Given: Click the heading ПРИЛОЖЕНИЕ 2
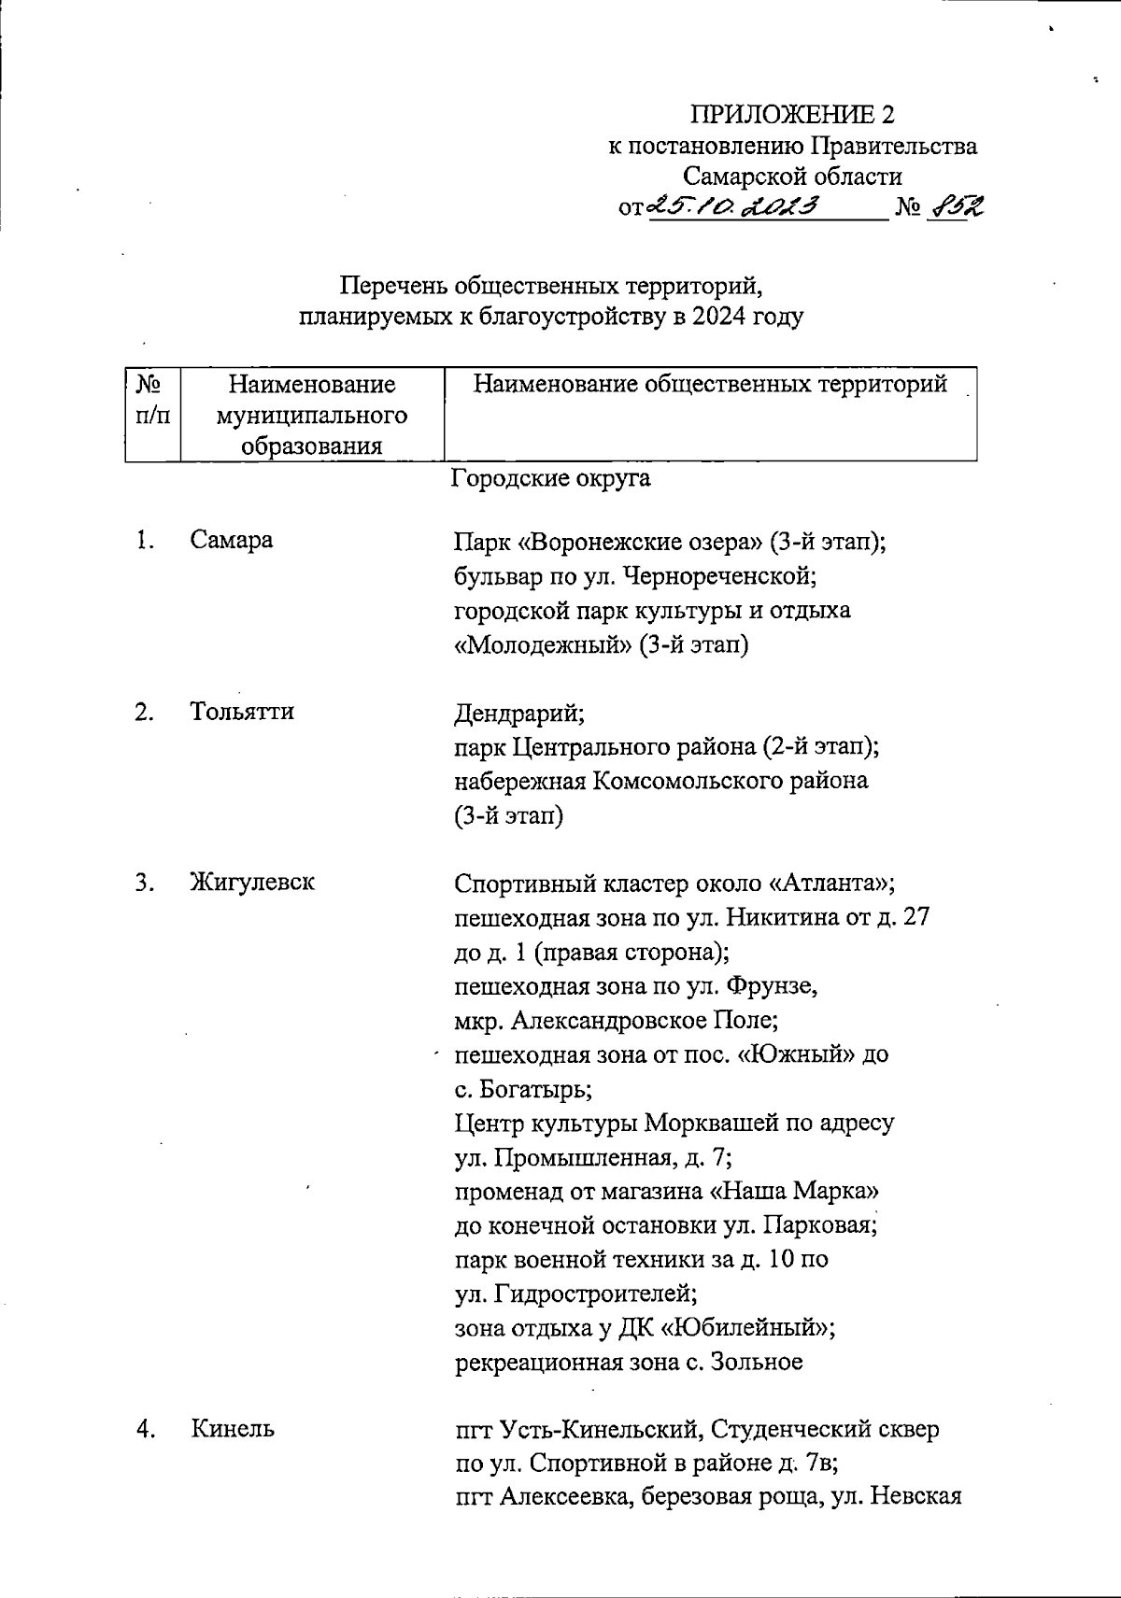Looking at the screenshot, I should (792, 115).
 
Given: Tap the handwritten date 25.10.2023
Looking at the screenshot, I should (734, 206).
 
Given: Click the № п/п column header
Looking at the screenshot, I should (152, 400).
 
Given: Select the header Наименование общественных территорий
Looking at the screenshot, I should (710, 384).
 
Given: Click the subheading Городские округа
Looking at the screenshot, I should (551, 479).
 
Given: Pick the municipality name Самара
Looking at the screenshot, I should (232, 540).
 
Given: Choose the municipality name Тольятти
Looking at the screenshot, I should (242, 712).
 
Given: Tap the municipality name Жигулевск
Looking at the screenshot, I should (252, 882).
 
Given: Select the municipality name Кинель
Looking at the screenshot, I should (233, 1429).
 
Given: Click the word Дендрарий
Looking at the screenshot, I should (519, 714).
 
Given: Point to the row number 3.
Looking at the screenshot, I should (143, 882).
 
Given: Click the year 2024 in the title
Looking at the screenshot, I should (722, 317).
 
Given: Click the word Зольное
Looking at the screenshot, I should (757, 1362).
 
